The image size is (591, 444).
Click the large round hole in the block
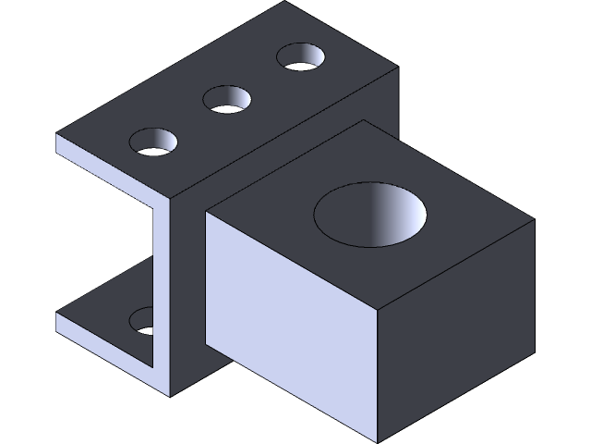[x=370, y=216]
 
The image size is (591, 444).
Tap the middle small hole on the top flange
[x=227, y=99]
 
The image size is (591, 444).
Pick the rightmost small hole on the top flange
[x=302, y=57]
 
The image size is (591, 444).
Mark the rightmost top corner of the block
[x=534, y=221]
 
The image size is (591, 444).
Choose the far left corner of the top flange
[x=57, y=135]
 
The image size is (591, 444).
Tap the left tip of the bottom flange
[x=57, y=315]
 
